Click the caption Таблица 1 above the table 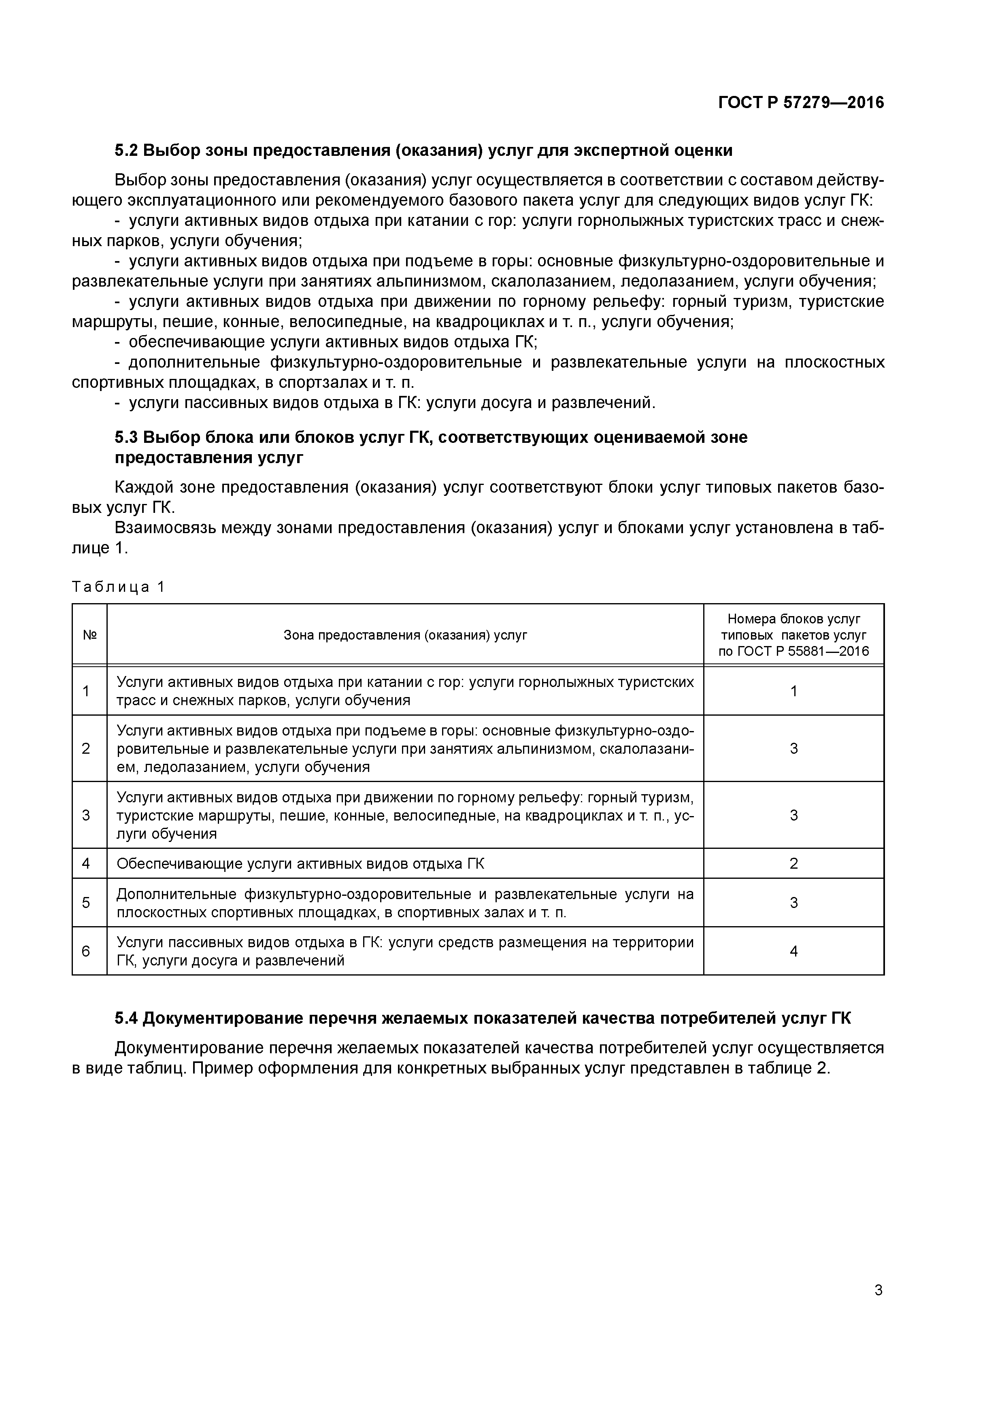[118, 587]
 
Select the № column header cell [90, 635]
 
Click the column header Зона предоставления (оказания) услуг [405, 635]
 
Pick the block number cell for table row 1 [793, 691]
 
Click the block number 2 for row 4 [793, 863]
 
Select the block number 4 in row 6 [793, 951]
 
